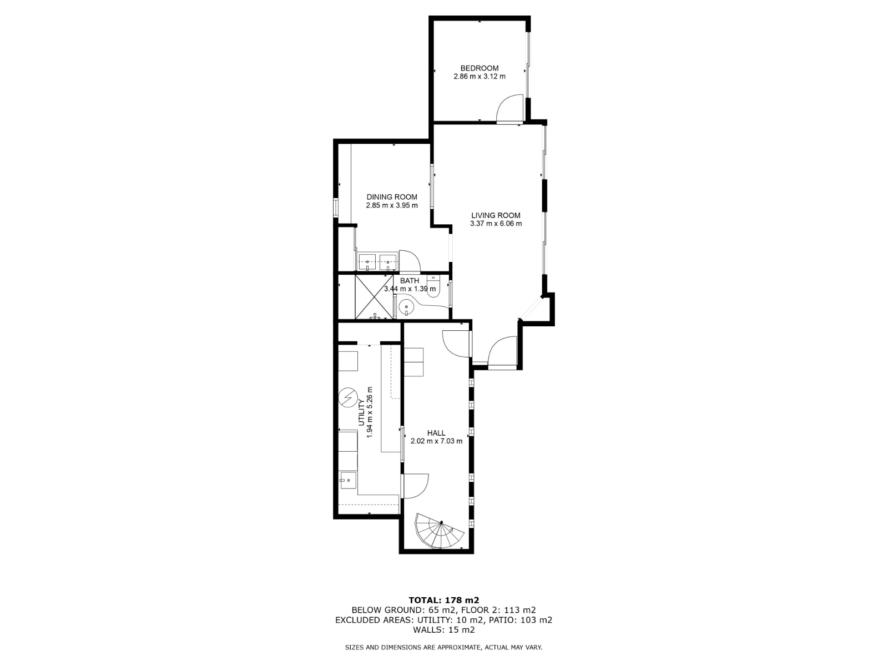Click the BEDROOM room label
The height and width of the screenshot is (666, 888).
480,68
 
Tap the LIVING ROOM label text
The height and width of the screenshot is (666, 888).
496,215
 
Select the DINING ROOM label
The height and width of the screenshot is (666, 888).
392,197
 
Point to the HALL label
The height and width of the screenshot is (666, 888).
436,433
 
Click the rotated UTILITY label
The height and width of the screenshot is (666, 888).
361,412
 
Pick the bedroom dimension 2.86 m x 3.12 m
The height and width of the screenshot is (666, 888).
480,77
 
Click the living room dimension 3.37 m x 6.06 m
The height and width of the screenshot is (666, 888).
496,224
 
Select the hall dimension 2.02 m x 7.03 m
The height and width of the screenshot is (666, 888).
436,441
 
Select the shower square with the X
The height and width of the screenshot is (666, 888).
374,297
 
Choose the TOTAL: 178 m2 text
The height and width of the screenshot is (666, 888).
444,600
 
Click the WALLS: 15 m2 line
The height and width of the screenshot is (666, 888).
444,630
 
